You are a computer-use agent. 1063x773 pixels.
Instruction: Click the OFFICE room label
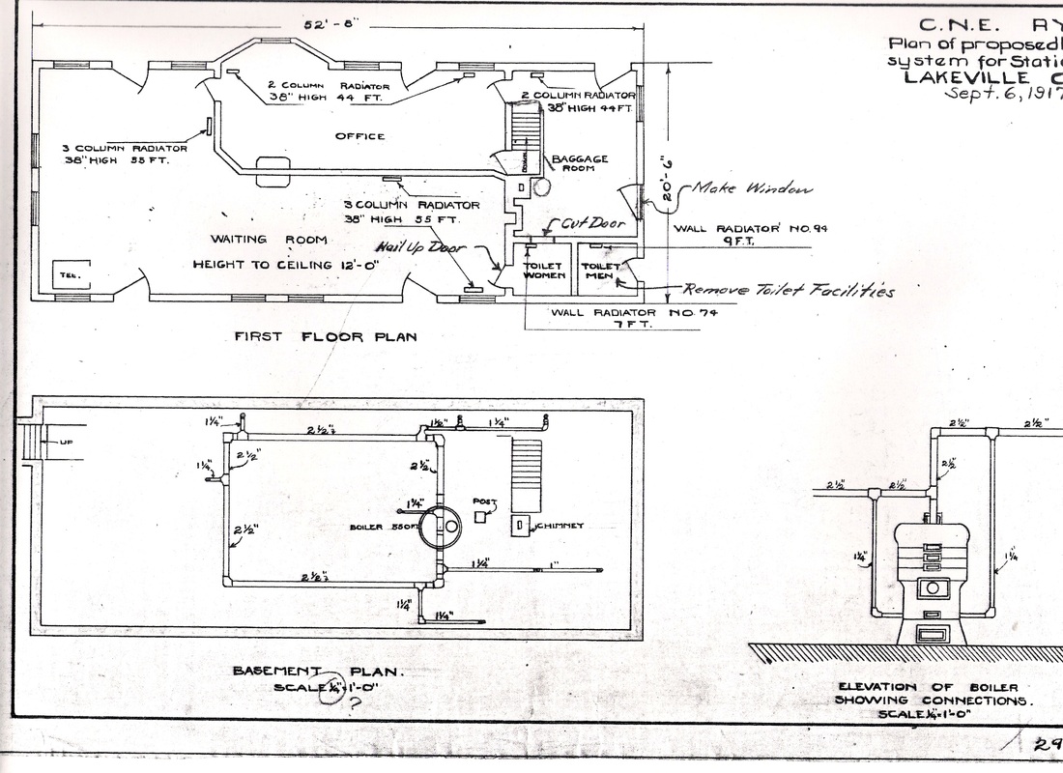click(x=359, y=136)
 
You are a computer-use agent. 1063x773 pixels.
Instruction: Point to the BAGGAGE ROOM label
click(x=579, y=164)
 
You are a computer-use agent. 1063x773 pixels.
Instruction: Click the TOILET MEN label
click(x=599, y=269)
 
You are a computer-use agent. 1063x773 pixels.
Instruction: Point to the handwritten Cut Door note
click(x=581, y=223)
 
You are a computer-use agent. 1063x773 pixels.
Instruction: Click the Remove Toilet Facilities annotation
click(x=789, y=291)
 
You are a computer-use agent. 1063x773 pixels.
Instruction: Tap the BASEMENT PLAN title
click(x=318, y=672)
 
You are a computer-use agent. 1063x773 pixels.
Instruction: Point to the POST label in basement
click(x=483, y=503)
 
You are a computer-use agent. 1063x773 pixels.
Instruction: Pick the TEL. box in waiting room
click(x=68, y=272)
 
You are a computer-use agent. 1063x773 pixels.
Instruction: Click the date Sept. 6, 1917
click(x=1005, y=95)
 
